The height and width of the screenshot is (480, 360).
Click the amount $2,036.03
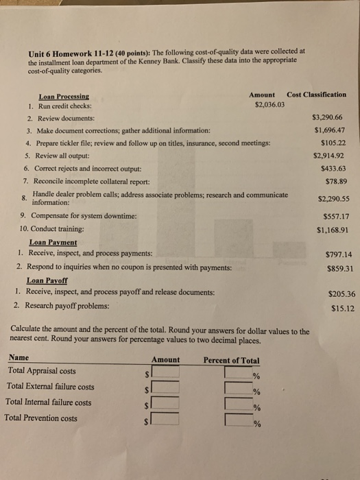[269, 106]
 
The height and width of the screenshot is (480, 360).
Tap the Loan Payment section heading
[53, 242]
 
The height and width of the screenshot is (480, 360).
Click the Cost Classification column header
[317, 95]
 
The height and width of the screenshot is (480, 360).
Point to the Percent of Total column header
[232, 360]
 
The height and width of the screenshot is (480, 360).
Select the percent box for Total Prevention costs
[238, 420]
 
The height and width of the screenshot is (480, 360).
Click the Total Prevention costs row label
[41, 418]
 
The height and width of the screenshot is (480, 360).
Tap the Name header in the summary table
[19, 358]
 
